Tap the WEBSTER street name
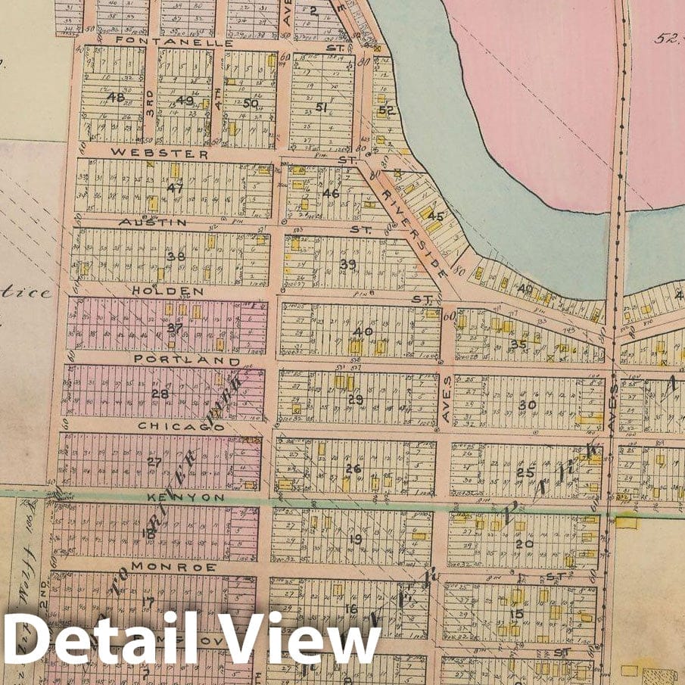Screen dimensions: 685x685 160,153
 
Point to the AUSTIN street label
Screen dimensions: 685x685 153,222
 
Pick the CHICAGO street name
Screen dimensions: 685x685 180,426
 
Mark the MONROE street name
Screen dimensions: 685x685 173,566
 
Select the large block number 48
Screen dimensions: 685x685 115,97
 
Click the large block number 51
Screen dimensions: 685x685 321,107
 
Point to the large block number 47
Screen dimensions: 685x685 176,188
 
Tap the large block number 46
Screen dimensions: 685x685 331,193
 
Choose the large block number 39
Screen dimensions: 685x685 347,263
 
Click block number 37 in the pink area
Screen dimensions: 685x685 175,327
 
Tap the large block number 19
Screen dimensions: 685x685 356,539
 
